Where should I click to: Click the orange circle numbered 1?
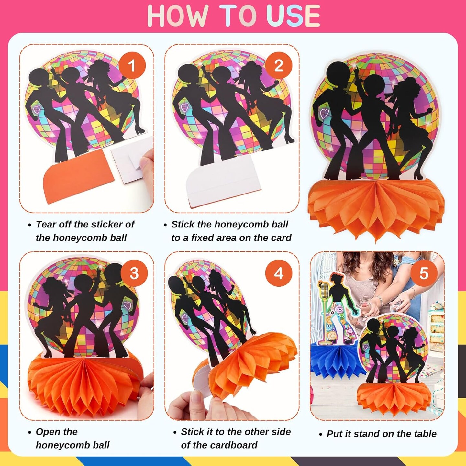click(132, 65)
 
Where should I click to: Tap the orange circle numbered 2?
click(279, 65)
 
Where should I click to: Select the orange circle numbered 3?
click(134, 273)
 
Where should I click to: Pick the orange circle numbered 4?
click(279, 273)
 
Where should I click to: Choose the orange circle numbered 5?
click(424, 273)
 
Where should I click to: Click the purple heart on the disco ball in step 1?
click(37, 109)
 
